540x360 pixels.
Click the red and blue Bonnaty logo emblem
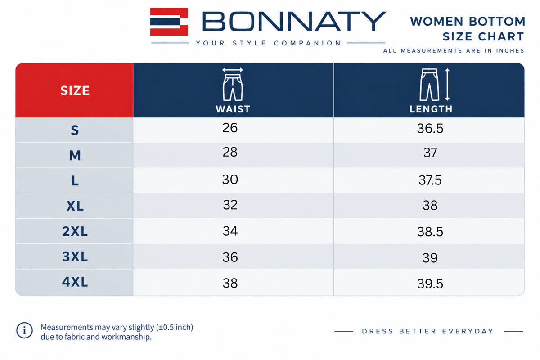[169, 22]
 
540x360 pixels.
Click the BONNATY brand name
[294, 22]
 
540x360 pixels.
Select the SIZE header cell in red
[74, 90]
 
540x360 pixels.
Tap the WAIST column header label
[233, 109]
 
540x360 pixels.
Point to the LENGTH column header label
[431, 109]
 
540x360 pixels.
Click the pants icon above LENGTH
[429, 85]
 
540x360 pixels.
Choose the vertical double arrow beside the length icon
[447, 85]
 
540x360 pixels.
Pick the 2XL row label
[75, 231]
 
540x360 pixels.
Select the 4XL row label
[75, 282]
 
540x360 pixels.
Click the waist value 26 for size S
[230, 128]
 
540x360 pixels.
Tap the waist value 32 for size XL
[230, 205]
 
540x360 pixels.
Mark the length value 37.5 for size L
[430, 180]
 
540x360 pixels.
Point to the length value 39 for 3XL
[430, 258]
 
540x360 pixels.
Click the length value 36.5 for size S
[430, 128]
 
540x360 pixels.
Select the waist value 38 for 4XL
[230, 283]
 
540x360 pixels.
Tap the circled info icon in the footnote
[24, 330]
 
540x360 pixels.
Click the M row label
[75, 155]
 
